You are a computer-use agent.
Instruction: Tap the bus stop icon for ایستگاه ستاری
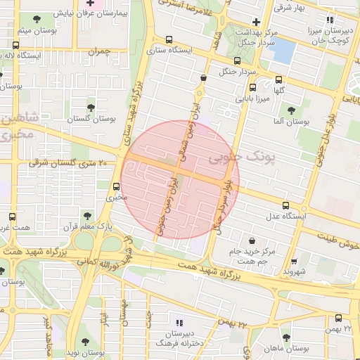pyautogui.click(x=168, y=40)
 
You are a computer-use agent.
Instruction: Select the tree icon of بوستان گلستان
pyautogui.click(x=91, y=107)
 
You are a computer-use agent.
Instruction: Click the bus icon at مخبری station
pyautogui.click(x=116, y=186)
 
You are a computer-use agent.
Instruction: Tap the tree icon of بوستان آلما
pyautogui.click(x=291, y=110)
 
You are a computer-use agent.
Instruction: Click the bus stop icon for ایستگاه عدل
pyautogui.click(x=285, y=205)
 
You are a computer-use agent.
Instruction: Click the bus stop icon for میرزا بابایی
pyautogui.click(x=252, y=88)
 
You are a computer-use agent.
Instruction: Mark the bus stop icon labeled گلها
pyautogui.click(x=279, y=79)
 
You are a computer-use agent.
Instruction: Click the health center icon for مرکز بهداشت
pyautogui.click(x=256, y=21)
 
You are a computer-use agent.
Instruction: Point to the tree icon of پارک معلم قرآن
pyautogui.click(x=87, y=215)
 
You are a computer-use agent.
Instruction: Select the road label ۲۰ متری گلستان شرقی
pyautogui.click(x=67, y=163)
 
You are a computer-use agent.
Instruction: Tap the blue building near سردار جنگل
pyautogui.click(x=283, y=49)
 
